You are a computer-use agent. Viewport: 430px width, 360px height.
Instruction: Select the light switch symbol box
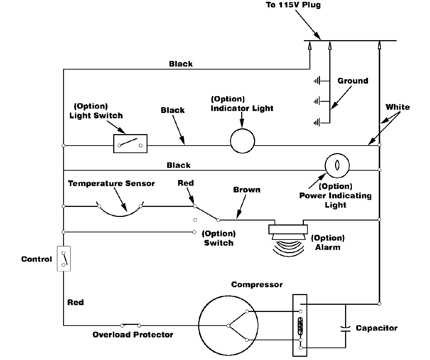tap(130, 144)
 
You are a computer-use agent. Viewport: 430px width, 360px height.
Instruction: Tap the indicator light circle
tap(242, 141)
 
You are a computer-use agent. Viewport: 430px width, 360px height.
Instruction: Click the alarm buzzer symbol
tap(288, 237)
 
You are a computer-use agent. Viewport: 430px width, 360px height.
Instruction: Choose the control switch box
tap(64, 259)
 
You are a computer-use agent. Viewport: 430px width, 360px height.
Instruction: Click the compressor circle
tap(228, 326)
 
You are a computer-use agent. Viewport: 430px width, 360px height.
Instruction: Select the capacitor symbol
tap(346, 328)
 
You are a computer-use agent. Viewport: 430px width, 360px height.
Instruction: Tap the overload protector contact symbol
tap(130, 325)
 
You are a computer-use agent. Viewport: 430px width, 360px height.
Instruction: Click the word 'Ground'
tap(353, 81)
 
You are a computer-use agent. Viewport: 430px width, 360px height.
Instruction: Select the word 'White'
tap(397, 107)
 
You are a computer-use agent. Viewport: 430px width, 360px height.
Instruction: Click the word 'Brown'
tap(247, 189)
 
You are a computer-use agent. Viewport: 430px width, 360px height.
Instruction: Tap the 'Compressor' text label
tap(257, 285)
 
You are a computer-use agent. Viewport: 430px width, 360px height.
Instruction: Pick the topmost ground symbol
tap(317, 81)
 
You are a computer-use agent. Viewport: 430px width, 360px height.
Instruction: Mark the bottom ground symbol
tap(317, 123)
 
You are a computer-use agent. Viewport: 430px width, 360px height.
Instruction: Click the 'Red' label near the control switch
tap(75, 302)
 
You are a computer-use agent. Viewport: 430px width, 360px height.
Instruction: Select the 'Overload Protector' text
tap(133, 335)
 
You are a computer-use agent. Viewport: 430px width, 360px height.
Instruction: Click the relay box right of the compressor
tap(300, 325)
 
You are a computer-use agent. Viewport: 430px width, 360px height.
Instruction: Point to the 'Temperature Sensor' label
tap(111, 184)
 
